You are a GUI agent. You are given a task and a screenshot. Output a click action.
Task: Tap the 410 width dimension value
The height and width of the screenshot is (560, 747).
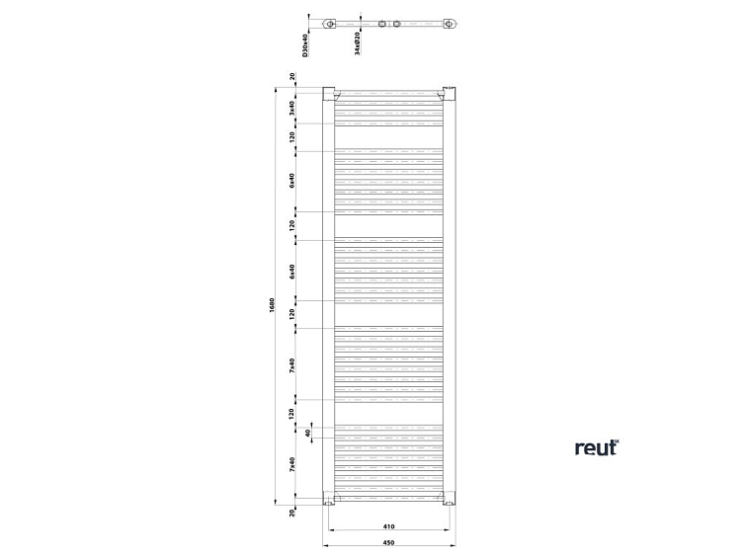389,526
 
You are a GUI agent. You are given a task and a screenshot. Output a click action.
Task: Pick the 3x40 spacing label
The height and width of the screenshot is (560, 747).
292,108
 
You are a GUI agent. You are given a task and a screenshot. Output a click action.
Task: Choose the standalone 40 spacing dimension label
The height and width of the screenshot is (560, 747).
308,433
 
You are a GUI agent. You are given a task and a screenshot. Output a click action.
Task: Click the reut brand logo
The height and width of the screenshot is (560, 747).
597,447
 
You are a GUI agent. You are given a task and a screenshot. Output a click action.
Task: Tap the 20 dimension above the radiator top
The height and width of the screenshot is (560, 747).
292,77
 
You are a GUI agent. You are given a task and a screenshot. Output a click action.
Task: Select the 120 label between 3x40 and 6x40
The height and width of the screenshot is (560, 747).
292,137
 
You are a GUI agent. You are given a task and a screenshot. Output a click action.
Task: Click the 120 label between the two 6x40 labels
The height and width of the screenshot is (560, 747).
292,225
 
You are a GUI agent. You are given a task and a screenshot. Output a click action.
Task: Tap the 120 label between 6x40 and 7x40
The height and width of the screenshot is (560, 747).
292,314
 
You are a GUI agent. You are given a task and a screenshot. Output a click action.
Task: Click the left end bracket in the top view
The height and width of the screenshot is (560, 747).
331,24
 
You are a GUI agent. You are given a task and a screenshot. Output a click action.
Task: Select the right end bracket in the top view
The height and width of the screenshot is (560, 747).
451,24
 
